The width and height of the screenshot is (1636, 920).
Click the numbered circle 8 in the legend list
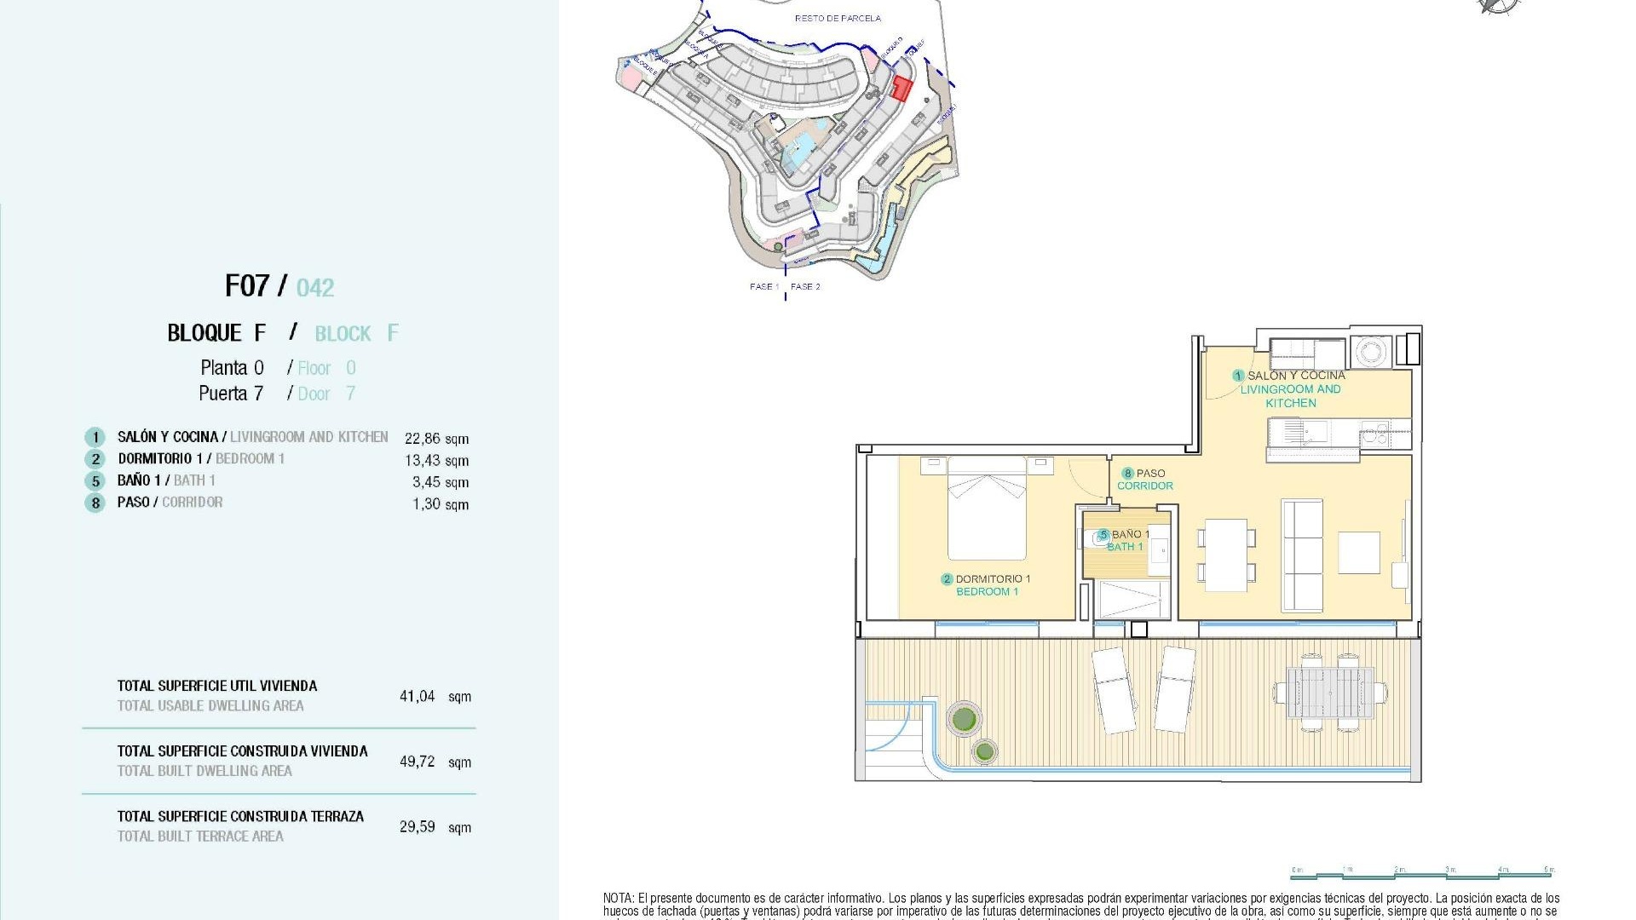point(95,503)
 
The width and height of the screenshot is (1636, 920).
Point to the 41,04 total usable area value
point(418,696)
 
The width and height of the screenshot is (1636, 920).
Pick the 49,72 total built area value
point(418,762)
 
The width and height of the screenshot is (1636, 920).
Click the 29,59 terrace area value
point(418,826)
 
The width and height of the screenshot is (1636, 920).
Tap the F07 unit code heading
point(247,285)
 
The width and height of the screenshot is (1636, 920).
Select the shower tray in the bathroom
point(1133,599)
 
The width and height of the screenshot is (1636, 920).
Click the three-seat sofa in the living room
point(1302,555)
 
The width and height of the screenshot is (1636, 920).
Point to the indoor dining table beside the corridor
point(1226,555)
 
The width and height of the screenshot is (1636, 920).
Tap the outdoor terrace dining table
point(1329,693)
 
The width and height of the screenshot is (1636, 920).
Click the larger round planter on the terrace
point(964,719)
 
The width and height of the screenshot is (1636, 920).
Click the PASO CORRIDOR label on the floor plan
point(1145,480)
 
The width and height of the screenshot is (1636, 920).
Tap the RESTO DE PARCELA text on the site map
point(838,18)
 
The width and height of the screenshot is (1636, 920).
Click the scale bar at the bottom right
point(1423,873)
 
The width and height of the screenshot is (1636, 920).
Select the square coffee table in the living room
point(1358,553)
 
